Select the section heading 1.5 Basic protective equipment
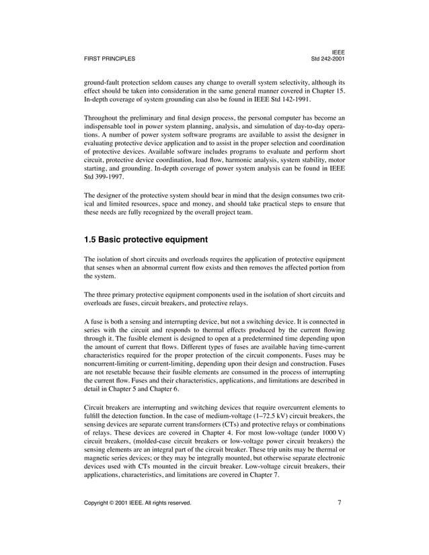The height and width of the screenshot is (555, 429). click(146, 239)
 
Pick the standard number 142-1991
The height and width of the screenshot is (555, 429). click(291, 98)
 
